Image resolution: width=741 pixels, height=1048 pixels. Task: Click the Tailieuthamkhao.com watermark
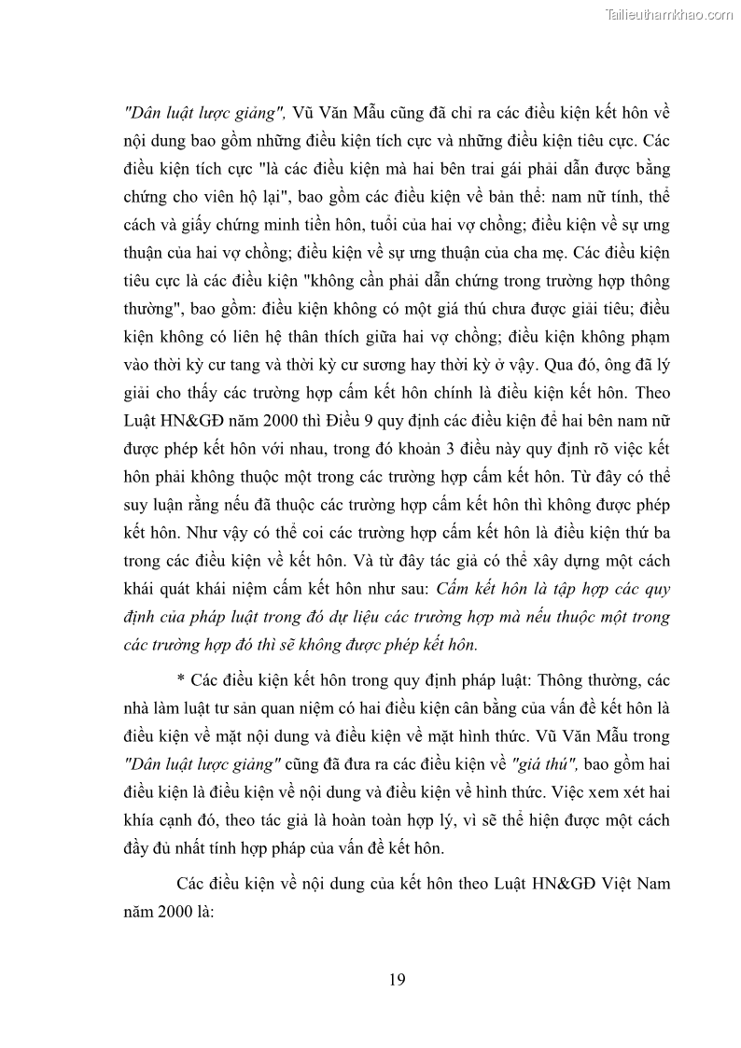pyautogui.click(x=669, y=14)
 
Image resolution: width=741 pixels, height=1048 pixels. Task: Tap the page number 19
pyautogui.click(x=396, y=979)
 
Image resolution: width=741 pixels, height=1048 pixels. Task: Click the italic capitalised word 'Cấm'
pyautogui.click(x=456, y=589)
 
